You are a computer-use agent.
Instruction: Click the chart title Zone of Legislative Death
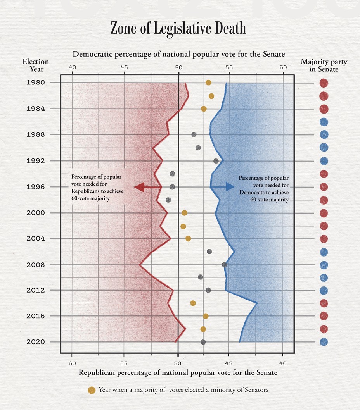178,29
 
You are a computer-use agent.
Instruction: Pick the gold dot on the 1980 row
208,83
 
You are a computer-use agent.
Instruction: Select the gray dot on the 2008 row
224,265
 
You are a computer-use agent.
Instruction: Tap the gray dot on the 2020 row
203,342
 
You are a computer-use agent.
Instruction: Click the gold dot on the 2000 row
184,213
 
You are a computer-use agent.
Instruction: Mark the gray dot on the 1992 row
216,161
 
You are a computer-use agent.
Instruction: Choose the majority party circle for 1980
324,83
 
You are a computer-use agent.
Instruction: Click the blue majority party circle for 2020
324,342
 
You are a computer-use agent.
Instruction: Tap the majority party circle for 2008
324,265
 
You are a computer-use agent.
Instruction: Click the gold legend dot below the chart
92,390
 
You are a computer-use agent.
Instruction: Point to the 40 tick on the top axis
72,67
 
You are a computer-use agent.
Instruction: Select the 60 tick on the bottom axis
72,363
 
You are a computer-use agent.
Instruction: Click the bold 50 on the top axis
178,67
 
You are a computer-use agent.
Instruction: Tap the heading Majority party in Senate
324,65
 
